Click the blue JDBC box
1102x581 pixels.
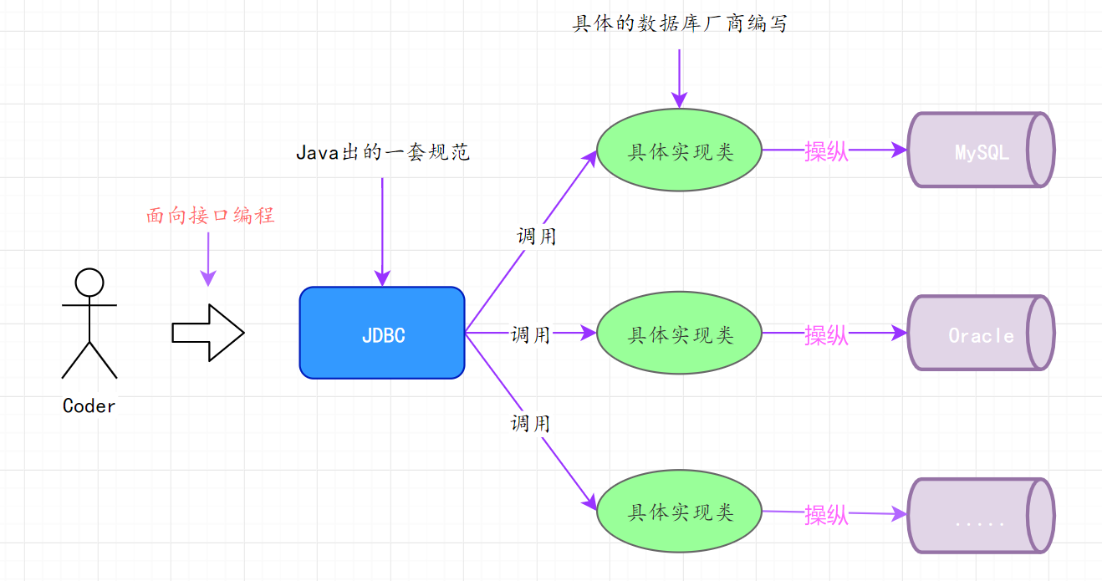[382, 333]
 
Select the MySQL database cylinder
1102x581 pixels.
[980, 150]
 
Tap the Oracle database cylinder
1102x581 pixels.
[980, 334]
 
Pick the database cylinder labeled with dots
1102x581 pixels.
[980, 516]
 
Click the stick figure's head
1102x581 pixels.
[89, 282]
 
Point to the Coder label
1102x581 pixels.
[89, 406]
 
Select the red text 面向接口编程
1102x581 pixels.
[211, 216]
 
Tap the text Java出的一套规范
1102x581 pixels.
[383, 152]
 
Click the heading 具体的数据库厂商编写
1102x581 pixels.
[679, 23]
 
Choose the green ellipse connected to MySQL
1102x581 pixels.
[679, 150]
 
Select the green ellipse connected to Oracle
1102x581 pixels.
[679, 334]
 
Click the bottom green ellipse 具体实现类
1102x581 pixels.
[679, 512]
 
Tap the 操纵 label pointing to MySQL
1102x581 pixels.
[826, 151]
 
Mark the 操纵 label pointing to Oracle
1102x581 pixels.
[826, 334]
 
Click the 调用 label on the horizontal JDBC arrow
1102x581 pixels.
[531, 334]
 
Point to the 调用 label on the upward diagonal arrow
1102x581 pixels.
[537, 237]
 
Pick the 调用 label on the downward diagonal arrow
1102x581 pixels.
[531, 423]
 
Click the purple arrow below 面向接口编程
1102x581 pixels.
[208, 259]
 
